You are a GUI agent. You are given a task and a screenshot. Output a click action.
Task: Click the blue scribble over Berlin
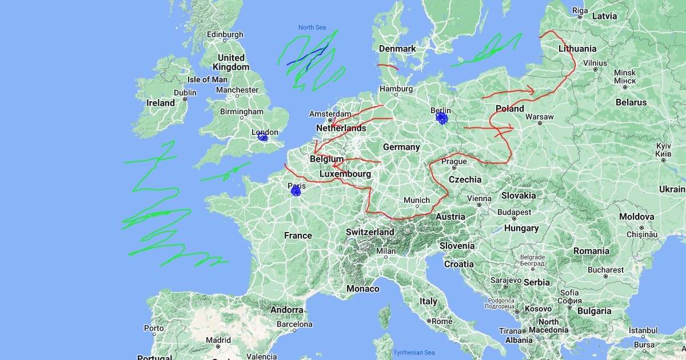(441, 118)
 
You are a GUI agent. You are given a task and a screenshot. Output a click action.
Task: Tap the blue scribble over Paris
(296, 191)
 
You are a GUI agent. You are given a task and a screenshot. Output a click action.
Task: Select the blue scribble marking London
(262, 137)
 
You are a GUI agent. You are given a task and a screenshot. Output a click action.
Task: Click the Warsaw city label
(539, 117)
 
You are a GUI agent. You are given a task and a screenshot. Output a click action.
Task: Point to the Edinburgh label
(225, 35)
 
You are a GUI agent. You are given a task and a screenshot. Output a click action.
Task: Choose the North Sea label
(312, 27)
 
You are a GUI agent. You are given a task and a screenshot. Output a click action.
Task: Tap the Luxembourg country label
(345, 174)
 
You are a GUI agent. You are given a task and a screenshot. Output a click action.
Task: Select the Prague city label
(454, 162)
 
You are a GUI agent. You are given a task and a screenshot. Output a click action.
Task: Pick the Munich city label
(416, 200)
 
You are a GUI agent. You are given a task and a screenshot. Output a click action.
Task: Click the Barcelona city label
(294, 324)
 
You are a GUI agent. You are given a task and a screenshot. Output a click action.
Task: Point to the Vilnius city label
(595, 63)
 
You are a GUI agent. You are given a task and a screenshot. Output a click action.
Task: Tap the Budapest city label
(514, 212)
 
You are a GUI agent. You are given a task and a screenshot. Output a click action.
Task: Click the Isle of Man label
(208, 79)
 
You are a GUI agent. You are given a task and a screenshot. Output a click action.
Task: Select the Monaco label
(363, 289)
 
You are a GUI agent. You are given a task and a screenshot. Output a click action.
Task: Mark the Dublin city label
(185, 93)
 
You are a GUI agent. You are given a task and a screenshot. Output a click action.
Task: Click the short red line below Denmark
(388, 67)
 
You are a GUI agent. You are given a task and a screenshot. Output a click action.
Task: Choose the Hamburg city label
(396, 89)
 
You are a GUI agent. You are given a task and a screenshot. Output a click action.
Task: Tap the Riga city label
(580, 10)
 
